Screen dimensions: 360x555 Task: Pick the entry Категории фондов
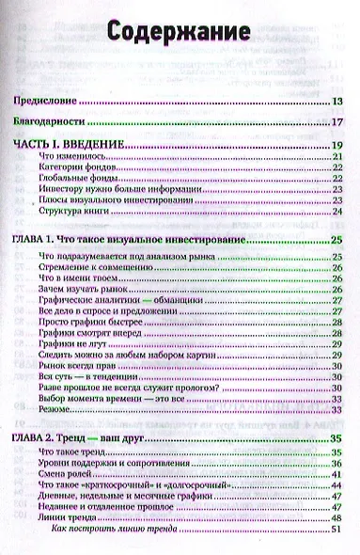tap(83, 169)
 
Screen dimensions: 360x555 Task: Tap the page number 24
tap(336, 210)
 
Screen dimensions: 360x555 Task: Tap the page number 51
tap(336, 531)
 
